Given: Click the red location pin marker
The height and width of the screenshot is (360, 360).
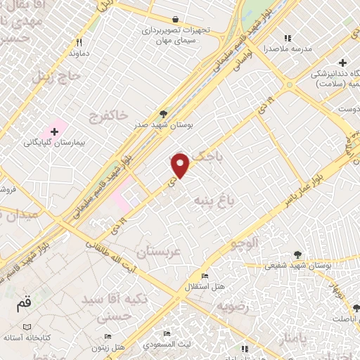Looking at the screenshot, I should click(181, 166).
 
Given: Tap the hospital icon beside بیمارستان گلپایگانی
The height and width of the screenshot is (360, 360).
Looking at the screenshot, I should click(53, 131).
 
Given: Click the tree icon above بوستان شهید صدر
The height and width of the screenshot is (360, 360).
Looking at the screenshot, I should click(164, 113).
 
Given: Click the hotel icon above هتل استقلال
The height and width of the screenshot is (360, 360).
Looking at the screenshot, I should click(204, 275).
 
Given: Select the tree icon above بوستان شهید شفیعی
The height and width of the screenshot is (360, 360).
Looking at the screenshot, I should click(298, 256).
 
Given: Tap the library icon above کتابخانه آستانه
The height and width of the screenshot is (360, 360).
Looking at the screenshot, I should click(27, 327).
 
